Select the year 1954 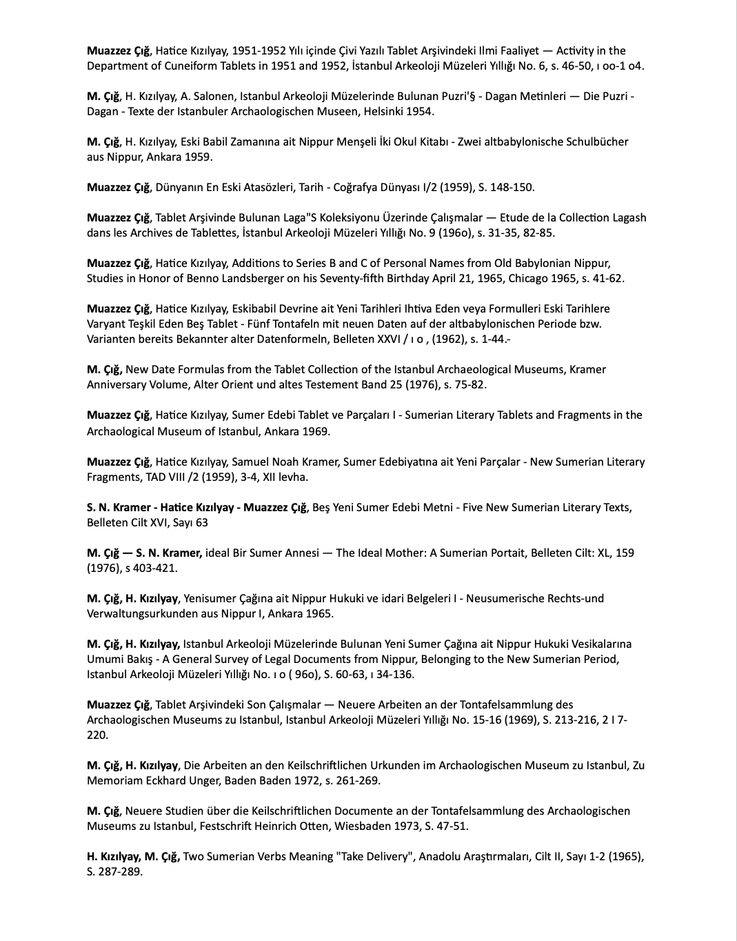pyautogui.click(x=420, y=111)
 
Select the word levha pyautogui.click(x=292, y=477)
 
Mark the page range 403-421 pyautogui.click(x=153, y=568)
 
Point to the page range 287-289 pyautogui.click(x=120, y=871)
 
